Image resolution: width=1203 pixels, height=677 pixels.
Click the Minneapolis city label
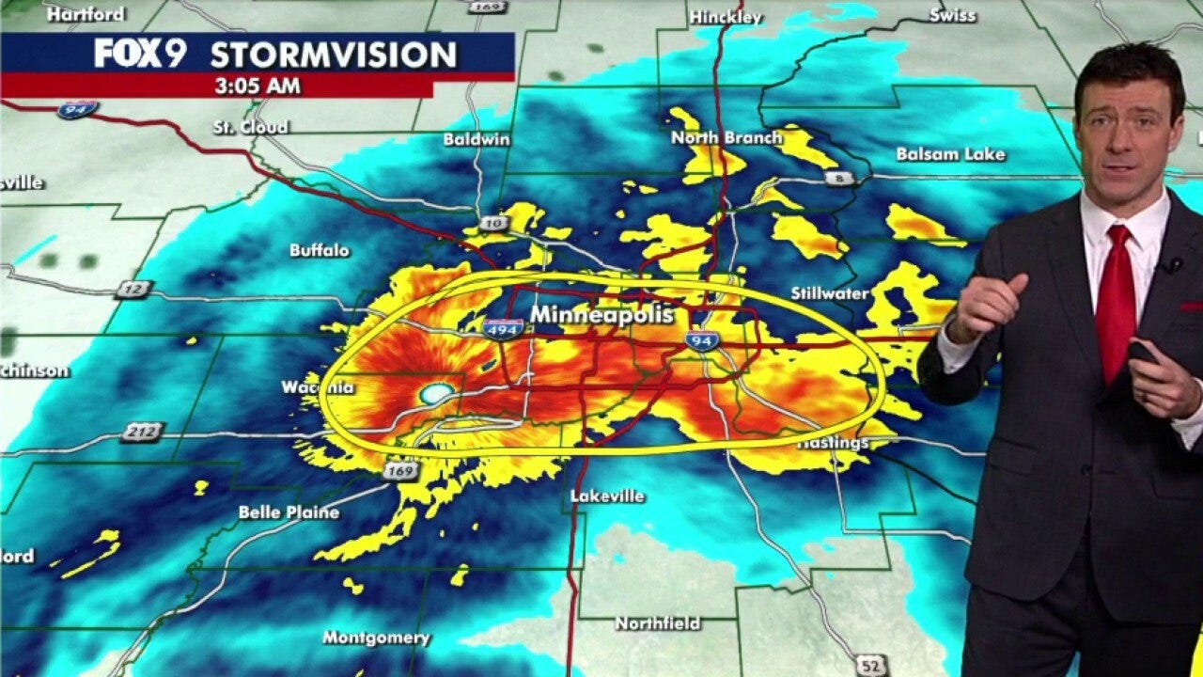pyautogui.click(x=602, y=315)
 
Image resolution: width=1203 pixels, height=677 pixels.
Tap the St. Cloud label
pyautogui.click(x=251, y=127)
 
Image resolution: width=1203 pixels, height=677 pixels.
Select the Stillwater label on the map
pyautogui.click(x=829, y=293)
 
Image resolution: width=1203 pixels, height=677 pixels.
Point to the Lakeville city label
pyautogui.click(x=607, y=496)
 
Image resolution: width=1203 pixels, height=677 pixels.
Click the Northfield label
pyautogui.click(x=658, y=623)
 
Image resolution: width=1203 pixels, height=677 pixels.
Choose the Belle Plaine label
pyautogui.click(x=289, y=512)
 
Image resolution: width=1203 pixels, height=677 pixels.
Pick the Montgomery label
pyautogui.click(x=376, y=638)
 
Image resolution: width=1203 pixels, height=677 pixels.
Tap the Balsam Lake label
pyautogui.click(x=950, y=154)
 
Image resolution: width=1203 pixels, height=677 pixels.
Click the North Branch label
pyautogui.click(x=726, y=138)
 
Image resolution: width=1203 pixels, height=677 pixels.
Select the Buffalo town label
pyautogui.click(x=320, y=250)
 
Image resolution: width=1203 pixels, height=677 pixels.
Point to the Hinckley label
pyautogui.click(x=726, y=17)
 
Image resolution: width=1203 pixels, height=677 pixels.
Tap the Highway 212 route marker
pyautogui.click(x=141, y=433)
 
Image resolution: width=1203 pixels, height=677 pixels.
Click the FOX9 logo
pyautogui.click(x=140, y=54)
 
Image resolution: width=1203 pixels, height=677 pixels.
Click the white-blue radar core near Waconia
pyautogui.click(x=436, y=393)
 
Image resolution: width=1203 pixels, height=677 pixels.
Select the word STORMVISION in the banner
pyautogui.click(x=333, y=55)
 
